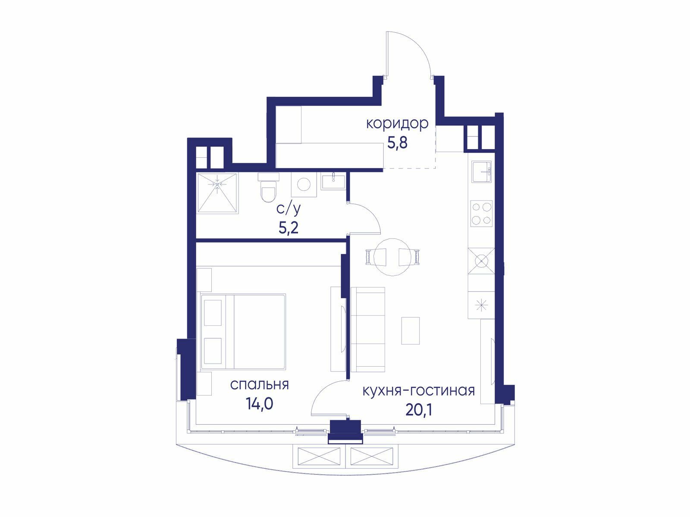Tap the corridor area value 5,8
tap(397, 143)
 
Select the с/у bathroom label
tap(289, 209)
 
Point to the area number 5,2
tap(289, 228)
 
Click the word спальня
tap(259, 385)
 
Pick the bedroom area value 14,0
tap(260, 404)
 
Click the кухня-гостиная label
tap(419, 391)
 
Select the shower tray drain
tap(217, 184)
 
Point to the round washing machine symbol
tap(304, 184)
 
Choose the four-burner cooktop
tap(481, 214)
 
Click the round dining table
tap(392, 257)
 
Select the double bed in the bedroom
tap(243, 331)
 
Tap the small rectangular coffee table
tap(411, 331)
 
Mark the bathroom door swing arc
tap(371, 213)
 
